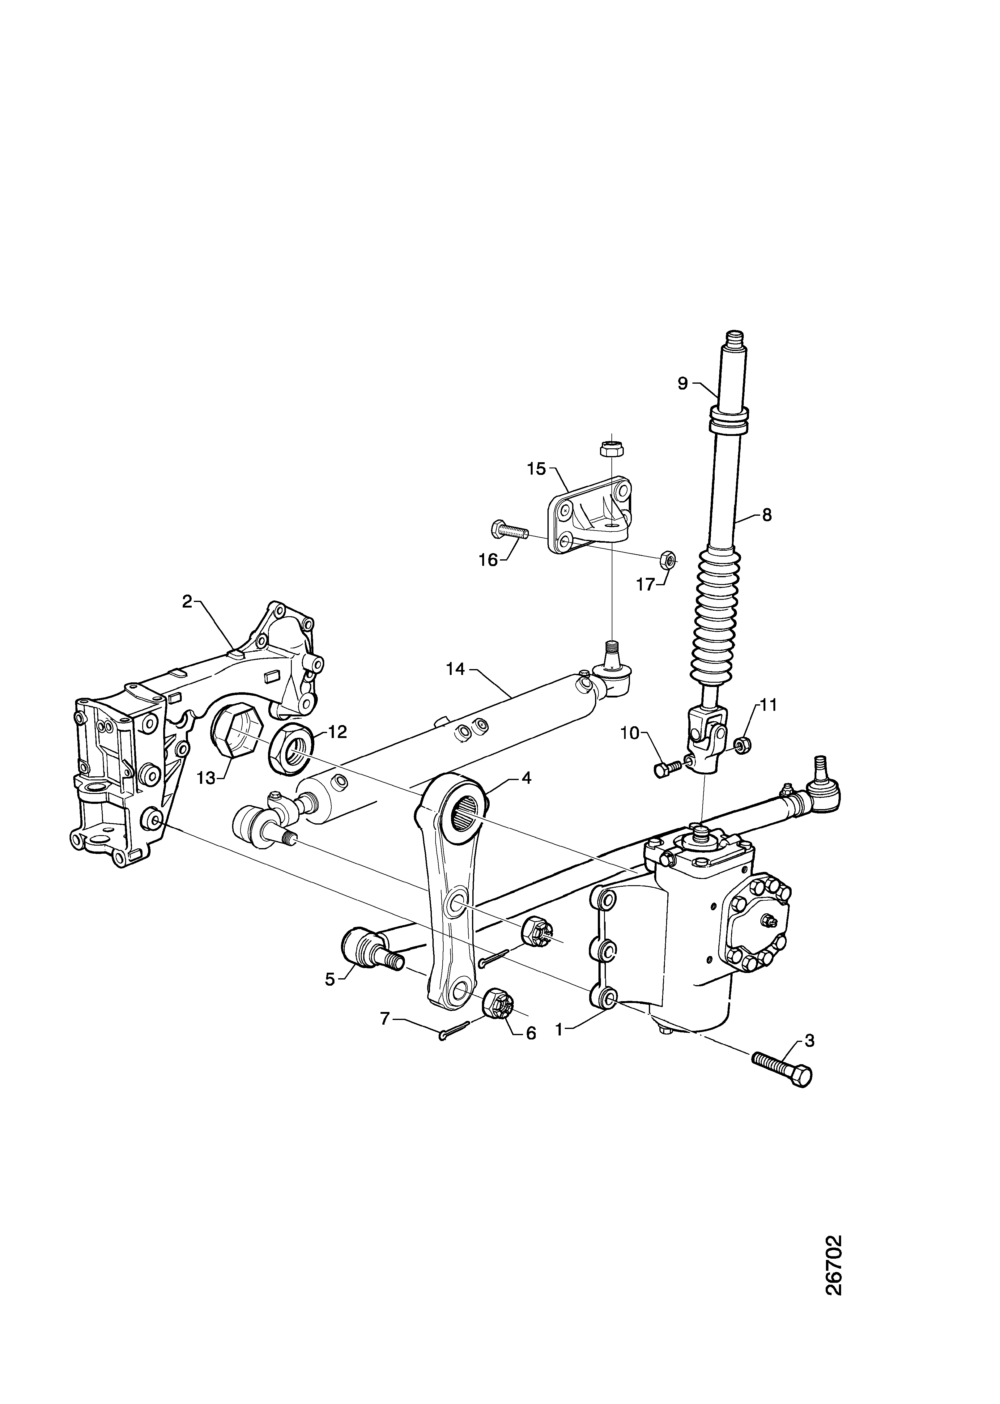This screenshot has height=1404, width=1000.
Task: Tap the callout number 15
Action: click(x=536, y=469)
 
